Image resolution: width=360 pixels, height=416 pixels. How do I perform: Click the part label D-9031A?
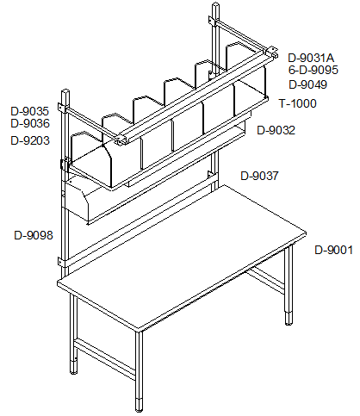pyautogui.click(x=311, y=58)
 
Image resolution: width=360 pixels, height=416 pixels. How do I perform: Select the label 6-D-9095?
pyautogui.click(x=313, y=70)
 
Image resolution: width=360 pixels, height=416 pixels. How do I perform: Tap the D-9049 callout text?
pyautogui.click(x=307, y=84)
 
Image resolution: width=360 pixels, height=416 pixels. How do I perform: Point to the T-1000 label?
pyautogui.click(x=298, y=103)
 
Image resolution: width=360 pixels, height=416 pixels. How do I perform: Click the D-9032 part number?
pyautogui.click(x=276, y=130)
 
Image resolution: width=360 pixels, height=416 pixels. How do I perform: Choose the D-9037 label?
pyautogui.click(x=259, y=176)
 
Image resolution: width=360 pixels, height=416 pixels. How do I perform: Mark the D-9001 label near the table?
pyautogui.click(x=334, y=250)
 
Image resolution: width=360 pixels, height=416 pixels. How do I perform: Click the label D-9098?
pyautogui.click(x=34, y=235)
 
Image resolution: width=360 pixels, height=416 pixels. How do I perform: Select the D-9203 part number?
pyautogui.click(x=30, y=140)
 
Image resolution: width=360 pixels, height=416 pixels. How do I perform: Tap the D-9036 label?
pyautogui.click(x=30, y=123)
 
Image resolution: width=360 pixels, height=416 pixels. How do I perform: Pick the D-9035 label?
pyautogui.click(x=30, y=111)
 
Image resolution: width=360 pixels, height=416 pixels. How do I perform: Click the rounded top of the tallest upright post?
pyautogui.click(x=215, y=5)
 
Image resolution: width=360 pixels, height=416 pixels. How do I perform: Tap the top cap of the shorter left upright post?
pyautogui.click(x=65, y=91)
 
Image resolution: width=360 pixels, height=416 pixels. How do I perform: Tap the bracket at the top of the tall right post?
pyautogui.click(x=213, y=22)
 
